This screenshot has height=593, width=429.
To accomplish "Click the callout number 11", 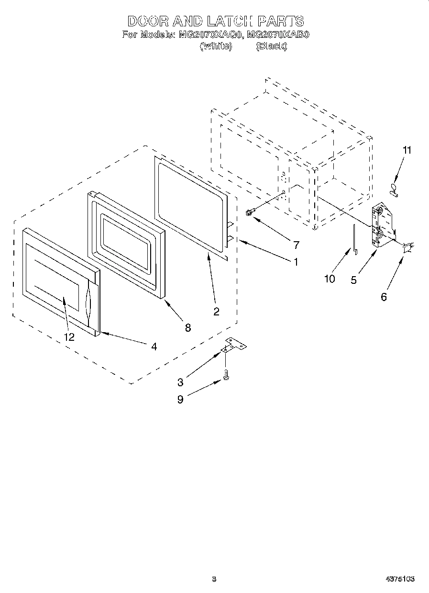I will coord(407,150).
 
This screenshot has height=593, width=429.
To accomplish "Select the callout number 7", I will coord(296,246).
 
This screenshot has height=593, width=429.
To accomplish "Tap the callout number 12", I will coord(69,337).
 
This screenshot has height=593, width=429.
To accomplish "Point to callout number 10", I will coord(330,279).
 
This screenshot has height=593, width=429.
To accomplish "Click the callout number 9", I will coord(180,400).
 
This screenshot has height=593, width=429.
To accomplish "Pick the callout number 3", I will coord(180,382).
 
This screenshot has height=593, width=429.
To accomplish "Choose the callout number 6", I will coord(384,297).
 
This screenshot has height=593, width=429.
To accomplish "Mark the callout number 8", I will coord(187,327).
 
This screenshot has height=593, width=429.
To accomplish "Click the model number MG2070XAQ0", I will coord(210,35).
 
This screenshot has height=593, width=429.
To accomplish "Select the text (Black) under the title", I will coord(271,46).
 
